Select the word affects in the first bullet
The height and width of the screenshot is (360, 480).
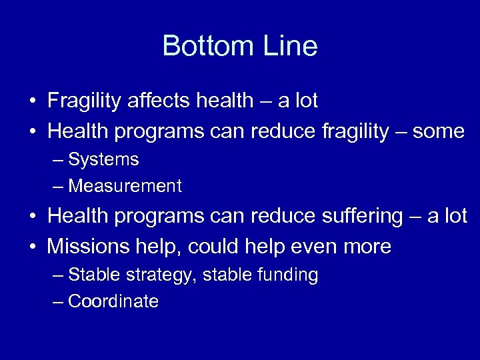(159, 101)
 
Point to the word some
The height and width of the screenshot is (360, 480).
(438, 131)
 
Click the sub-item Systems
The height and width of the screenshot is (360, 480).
(103, 160)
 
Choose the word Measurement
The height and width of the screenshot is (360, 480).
(125, 187)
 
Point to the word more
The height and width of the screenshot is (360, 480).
(367, 247)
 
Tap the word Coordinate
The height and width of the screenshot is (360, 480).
(113, 302)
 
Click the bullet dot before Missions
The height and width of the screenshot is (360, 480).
(32, 247)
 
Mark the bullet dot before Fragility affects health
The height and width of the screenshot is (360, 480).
(32, 102)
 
